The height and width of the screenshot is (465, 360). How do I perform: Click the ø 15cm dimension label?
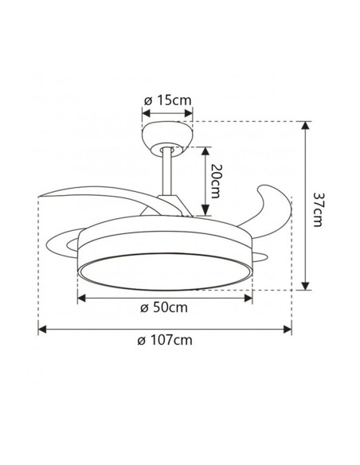coord(167,100)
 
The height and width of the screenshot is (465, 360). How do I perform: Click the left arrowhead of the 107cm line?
coord(42,327)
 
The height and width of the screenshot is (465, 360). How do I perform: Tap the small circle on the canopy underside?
coord(167,149)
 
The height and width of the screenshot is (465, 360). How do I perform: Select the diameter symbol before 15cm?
coord(147,100)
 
